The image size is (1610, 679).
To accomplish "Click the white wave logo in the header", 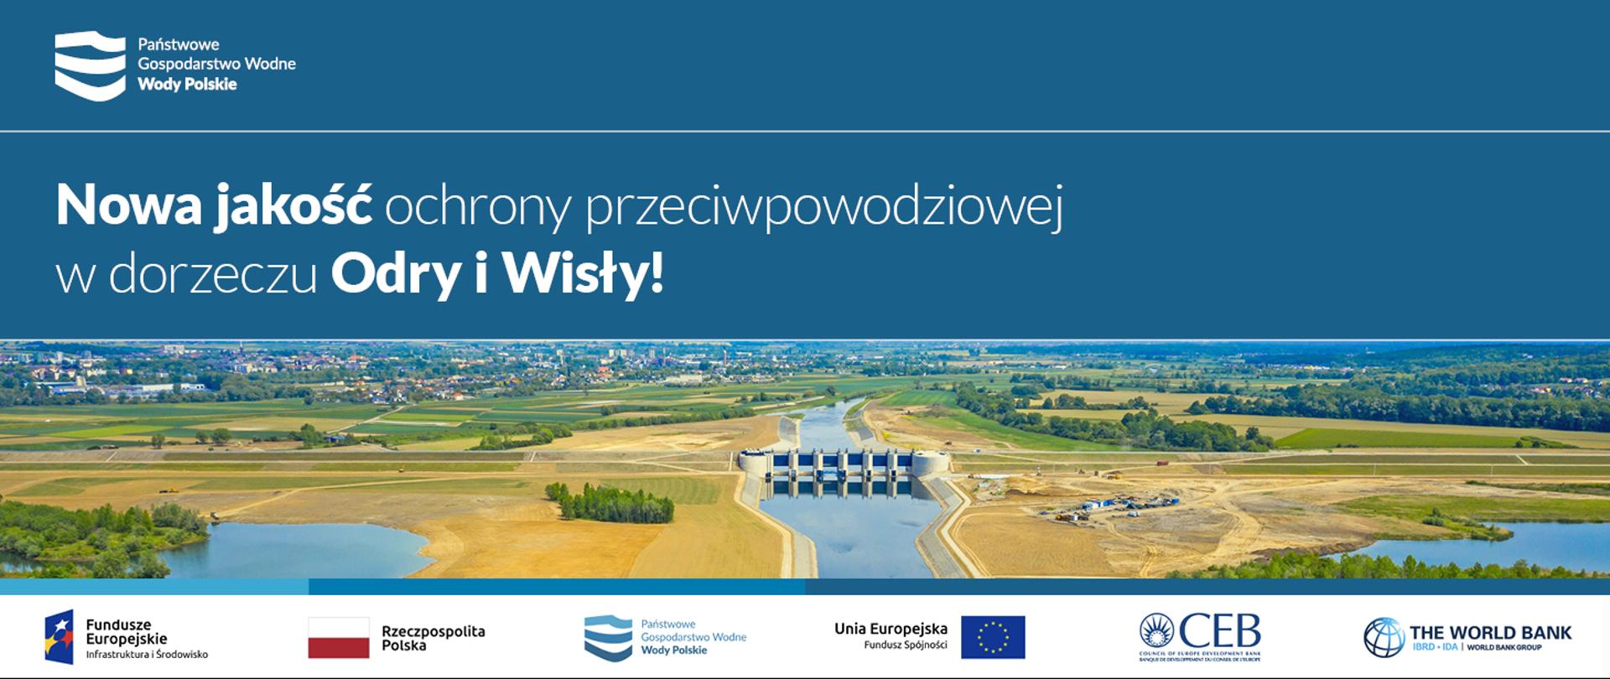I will coord(90,65).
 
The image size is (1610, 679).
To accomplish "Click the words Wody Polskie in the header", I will coord(187,85).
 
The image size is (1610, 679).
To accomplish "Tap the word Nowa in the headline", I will coord(129,205).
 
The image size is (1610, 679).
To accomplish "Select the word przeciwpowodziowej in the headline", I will coord(823,207).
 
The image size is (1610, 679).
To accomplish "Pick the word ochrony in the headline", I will coord(477,207).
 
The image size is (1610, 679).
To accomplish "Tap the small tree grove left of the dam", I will coord(610,503).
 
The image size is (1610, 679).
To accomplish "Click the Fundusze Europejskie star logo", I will coord(59,637).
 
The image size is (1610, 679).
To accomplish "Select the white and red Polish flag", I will coord(339,637).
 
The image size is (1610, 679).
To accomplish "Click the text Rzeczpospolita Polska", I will coord(433,638).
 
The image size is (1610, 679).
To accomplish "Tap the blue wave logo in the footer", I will coord(608,637).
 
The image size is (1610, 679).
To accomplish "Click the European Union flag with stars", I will coord(993,637).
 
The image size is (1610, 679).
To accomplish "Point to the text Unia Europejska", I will coord(891,629).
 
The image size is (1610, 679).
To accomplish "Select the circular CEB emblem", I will coord(1156,632).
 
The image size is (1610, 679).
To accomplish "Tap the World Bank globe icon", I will coord(1384,637).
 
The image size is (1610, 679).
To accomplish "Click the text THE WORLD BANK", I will coord(1490,633).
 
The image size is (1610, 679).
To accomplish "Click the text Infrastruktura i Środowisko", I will coord(147,655).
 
